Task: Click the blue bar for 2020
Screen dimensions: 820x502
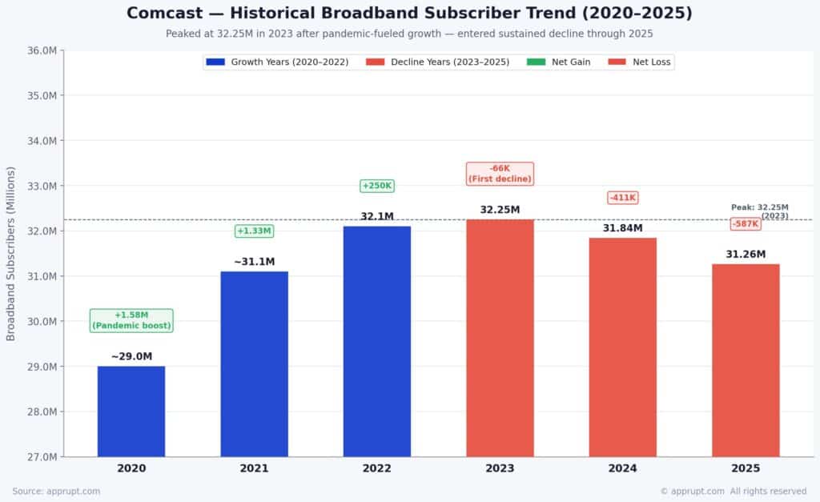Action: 131,412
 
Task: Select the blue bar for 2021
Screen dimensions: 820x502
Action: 254,364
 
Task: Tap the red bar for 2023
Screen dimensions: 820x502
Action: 500,339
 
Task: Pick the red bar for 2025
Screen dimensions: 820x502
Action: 746,360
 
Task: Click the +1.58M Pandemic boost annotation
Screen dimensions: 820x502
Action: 131,320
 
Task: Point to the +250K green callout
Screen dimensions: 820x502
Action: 377,186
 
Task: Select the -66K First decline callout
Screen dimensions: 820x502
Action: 500,174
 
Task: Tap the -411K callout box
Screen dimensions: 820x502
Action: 623,198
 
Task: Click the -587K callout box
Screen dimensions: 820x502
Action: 746,224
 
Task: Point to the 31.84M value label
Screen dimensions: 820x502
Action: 623,228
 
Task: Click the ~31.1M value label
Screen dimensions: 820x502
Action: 254,262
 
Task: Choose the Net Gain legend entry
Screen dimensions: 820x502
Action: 558,62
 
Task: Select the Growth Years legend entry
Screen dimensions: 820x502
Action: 277,62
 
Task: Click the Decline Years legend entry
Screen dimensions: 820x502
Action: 438,62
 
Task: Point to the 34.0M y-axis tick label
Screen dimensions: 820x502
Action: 42,141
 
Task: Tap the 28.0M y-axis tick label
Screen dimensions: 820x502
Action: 42,412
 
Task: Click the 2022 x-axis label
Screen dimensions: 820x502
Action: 377,468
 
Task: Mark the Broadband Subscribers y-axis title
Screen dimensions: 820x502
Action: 10,254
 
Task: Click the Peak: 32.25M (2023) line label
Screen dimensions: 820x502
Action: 760,211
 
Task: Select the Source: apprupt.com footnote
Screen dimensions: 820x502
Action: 57,491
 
